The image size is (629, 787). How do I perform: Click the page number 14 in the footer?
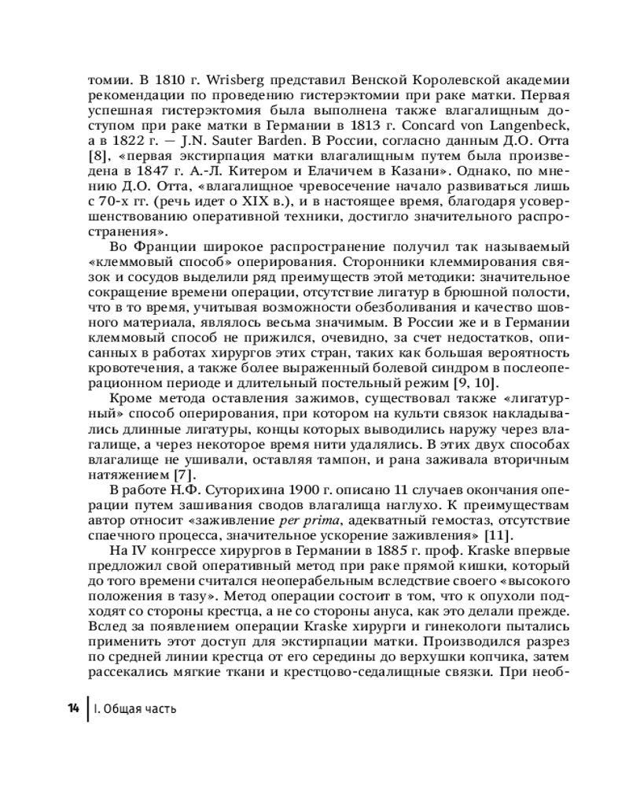pyautogui.click(x=72, y=708)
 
